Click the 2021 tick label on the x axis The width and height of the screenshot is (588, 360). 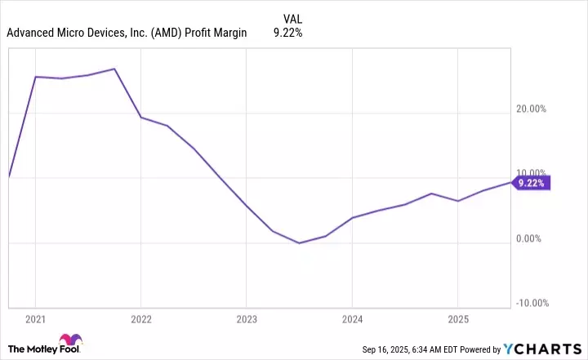coord(36,318)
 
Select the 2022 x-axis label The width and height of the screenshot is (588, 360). coord(141,318)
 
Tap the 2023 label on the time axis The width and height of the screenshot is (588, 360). coord(247,318)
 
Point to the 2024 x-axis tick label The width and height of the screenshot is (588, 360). coord(352,318)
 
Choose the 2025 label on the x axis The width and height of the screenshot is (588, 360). coord(458,318)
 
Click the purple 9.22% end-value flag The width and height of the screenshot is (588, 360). coord(532,183)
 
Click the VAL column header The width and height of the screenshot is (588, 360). coord(292,17)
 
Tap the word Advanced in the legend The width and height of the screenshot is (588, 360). coord(30,34)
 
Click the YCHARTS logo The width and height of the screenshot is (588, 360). coord(554,349)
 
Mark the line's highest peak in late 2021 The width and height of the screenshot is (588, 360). coord(115,69)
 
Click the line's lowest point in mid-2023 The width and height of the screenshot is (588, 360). coord(299,242)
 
